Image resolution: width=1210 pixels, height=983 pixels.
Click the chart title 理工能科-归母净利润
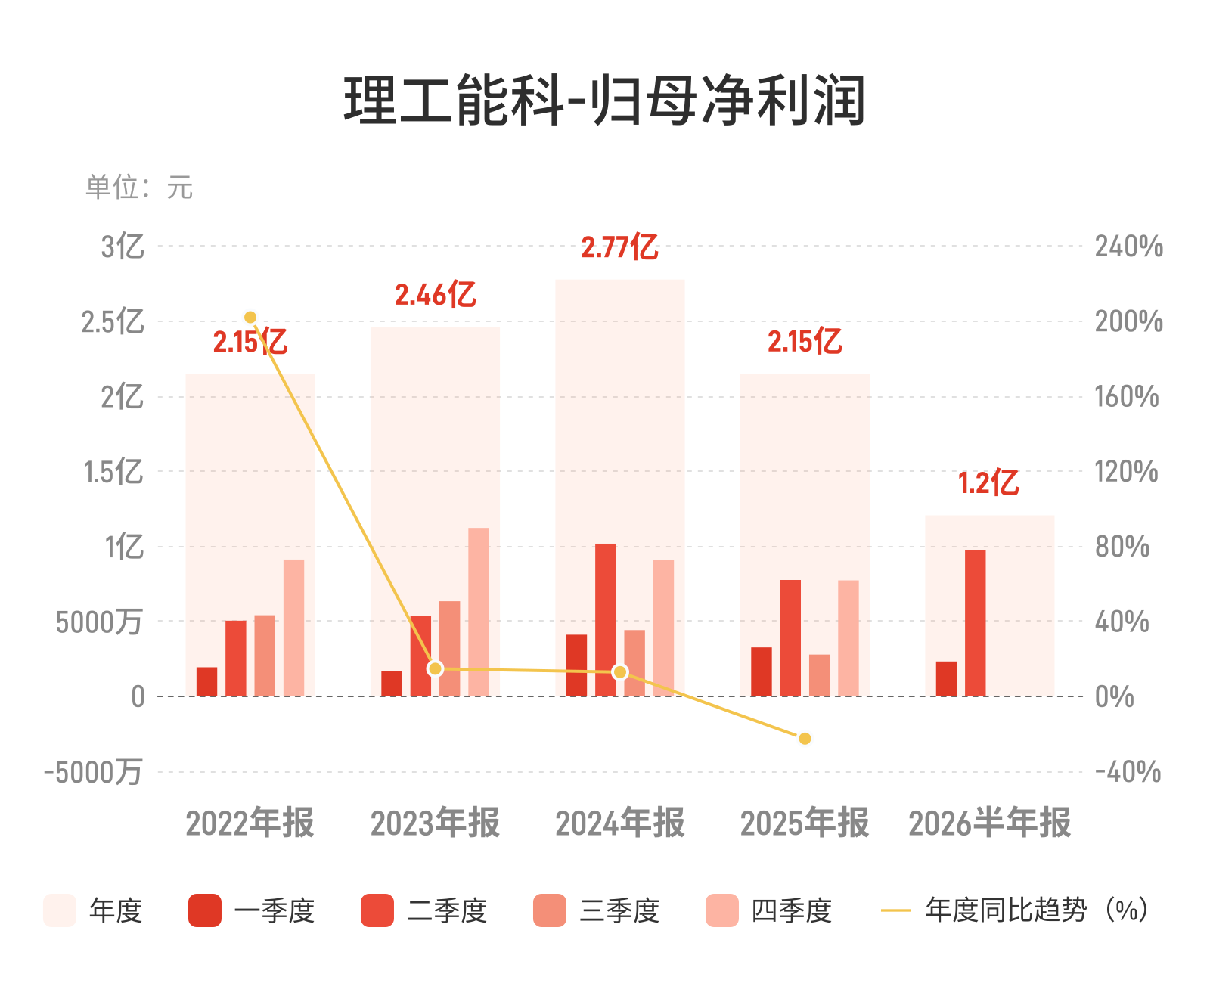(x=604, y=101)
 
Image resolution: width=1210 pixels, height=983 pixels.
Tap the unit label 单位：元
(x=139, y=187)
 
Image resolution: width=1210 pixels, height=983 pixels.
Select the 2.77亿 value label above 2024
(x=619, y=247)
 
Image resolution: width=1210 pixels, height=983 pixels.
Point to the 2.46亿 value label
(x=435, y=295)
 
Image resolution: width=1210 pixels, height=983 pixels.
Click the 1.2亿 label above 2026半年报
(x=988, y=483)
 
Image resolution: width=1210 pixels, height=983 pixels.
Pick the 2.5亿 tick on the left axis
(x=113, y=322)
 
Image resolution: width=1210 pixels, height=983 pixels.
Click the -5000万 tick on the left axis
(x=93, y=772)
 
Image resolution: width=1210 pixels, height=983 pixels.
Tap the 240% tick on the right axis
(x=1129, y=247)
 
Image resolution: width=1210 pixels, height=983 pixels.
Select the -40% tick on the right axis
(x=1128, y=772)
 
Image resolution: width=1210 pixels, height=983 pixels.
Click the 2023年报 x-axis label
(x=435, y=823)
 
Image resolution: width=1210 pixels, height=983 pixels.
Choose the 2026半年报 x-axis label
(x=990, y=823)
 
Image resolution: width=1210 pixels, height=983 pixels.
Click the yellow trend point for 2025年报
(x=805, y=738)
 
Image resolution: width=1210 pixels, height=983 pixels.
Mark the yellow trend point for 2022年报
(x=250, y=317)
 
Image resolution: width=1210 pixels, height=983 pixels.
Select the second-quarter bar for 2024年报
(x=606, y=619)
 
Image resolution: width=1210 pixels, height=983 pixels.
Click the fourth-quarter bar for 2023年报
(x=478, y=612)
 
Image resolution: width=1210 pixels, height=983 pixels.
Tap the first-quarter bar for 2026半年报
(x=946, y=678)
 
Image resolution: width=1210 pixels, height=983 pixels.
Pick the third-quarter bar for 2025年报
(x=819, y=675)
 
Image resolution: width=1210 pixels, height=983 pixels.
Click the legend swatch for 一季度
(x=204, y=910)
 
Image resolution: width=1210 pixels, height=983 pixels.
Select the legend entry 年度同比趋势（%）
(x=1015, y=910)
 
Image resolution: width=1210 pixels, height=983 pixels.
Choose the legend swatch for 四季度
(x=721, y=910)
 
